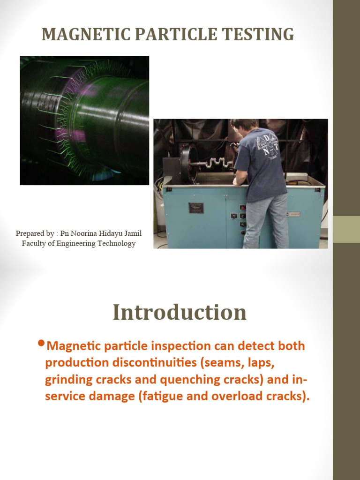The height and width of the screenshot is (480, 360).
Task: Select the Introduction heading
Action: point(180,312)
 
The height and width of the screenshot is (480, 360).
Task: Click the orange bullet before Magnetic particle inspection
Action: point(41,345)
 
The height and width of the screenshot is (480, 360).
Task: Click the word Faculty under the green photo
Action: point(33,243)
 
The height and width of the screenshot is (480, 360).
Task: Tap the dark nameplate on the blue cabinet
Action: point(196,208)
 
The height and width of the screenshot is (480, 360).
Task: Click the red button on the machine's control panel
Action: point(242,207)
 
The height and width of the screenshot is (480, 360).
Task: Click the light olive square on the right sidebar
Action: point(346,229)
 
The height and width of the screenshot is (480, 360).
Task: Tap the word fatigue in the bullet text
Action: point(166,396)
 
